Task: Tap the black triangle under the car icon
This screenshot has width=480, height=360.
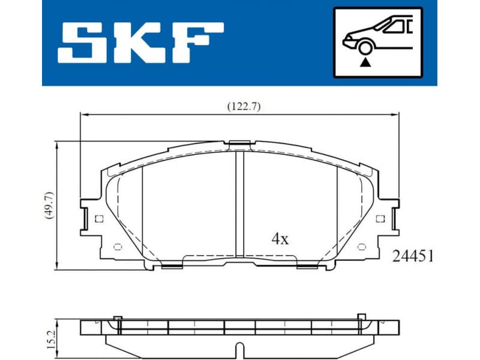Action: click(365, 61)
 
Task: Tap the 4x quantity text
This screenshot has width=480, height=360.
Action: click(280, 239)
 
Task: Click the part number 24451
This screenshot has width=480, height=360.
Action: click(413, 256)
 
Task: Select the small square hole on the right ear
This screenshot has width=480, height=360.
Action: click(379, 218)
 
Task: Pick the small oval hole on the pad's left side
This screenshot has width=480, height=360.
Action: click(118, 246)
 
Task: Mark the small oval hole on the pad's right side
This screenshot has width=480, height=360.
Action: click(362, 246)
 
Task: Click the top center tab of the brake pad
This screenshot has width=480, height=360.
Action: click(239, 143)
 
